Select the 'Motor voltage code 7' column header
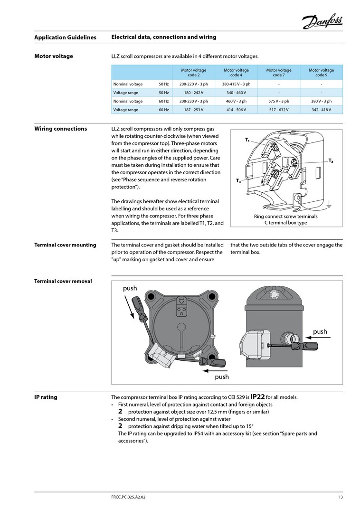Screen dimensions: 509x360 pyautogui.click(x=278, y=73)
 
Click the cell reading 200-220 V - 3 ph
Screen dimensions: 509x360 pyautogui.click(x=193, y=84)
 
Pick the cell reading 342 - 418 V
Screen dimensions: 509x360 pyautogui.click(x=321, y=110)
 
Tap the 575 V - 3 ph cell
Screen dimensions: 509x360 pyautogui.click(x=278, y=101)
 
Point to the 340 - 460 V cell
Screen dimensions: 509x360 pyautogui.click(x=236, y=93)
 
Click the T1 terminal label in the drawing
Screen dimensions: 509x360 pyautogui.click(x=247, y=140)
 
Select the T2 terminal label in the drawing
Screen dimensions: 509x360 pyautogui.click(x=331, y=161)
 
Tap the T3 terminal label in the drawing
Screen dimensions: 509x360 pyautogui.click(x=238, y=181)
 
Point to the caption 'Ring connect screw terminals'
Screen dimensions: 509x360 pyautogui.click(x=286, y=217)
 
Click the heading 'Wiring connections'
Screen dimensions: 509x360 pyautogui.click(x=60, y=129)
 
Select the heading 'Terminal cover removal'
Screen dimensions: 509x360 pyautogui.click(x=63, y=281)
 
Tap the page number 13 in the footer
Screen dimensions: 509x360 pyautogui.click(x=341, y=497)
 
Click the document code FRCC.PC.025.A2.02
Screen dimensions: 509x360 pyautogui.click(x=132, y=497)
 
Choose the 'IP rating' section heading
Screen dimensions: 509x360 pyautogui.click(x=46, y=397)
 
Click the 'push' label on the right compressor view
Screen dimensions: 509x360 pyautogui.click(x=320, y=331)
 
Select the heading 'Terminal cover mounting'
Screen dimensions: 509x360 pyautogui.click(x=65, y=245)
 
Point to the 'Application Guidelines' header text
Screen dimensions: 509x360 pyautogui.click(x=65, y=37)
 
